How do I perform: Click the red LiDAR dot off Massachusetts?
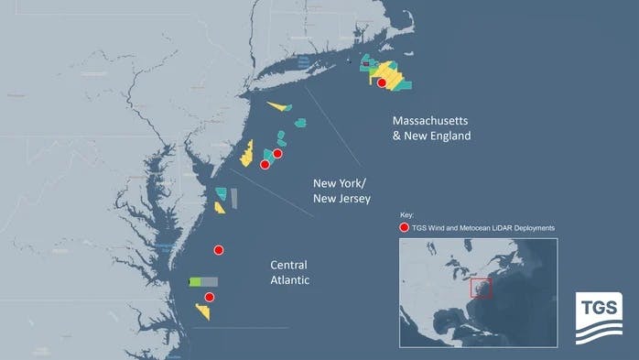[x=382, y=82]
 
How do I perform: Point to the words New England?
[x=438, y=136]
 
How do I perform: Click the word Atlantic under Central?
[x=290, y=280]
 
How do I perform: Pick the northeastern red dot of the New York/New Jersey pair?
[x=277, y=154]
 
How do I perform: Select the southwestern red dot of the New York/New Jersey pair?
[x=265, y=165]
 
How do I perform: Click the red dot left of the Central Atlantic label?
[x=219, y=250]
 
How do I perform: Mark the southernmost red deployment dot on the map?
[x=210, y=297]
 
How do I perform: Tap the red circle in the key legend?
[x=404, y=227]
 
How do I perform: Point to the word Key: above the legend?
[x=407, y=214]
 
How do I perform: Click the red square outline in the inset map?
[x=481, y=288]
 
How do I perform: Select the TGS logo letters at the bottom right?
[x=597, y=305]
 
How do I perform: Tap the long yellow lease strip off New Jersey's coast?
[x=246, y=153]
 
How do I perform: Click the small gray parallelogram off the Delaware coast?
[x=234, y=197]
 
